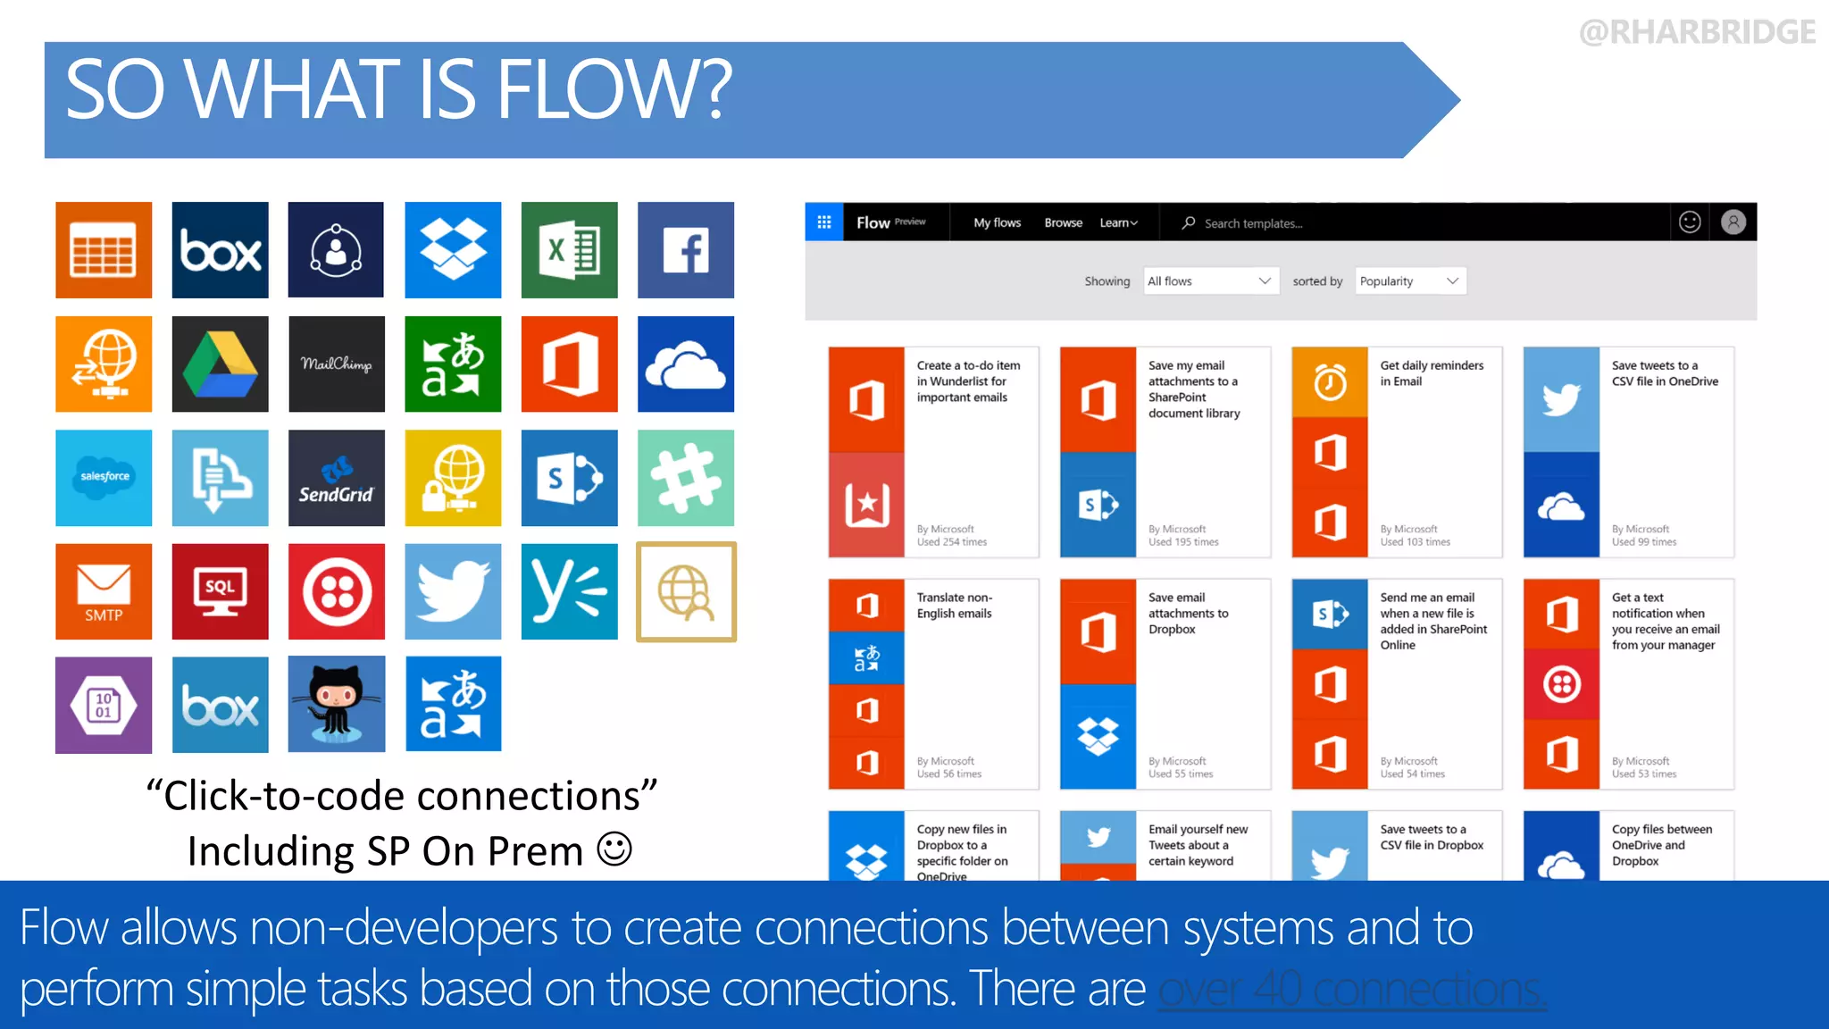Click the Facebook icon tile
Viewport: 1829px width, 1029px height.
[x=686, y=250]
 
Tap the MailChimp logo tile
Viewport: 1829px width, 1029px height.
[x=336, y=364]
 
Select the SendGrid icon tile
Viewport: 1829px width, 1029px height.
[x=336, y=478]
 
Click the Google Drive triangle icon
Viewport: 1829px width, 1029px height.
[x=220, y=364]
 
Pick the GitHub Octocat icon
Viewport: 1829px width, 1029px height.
[x=336, y=705]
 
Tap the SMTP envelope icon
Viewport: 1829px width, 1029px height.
[x=104, y=591]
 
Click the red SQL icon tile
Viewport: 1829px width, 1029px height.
[x=220, y=591]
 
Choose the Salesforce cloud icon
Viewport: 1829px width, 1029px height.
[x=104, y=478]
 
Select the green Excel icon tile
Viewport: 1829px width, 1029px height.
[x=569, y=250]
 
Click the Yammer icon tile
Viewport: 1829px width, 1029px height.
[x=569, y=591]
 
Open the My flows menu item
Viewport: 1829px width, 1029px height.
[x=997, y=222]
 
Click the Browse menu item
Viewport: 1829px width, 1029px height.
[x=1063, y=222]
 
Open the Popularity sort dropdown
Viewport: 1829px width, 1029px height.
[x=1409, y=281]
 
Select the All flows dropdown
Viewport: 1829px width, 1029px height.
[x=1209, y=281]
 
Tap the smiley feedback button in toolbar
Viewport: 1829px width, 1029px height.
[x=1689, y=222]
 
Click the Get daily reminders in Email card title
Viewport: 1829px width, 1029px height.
[x=1431, y=373]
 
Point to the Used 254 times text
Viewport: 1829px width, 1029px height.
[x=951, y=542]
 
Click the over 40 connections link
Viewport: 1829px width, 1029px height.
[x=1351, y=989]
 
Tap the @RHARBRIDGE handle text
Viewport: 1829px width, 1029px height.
[x=1696, y=32]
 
